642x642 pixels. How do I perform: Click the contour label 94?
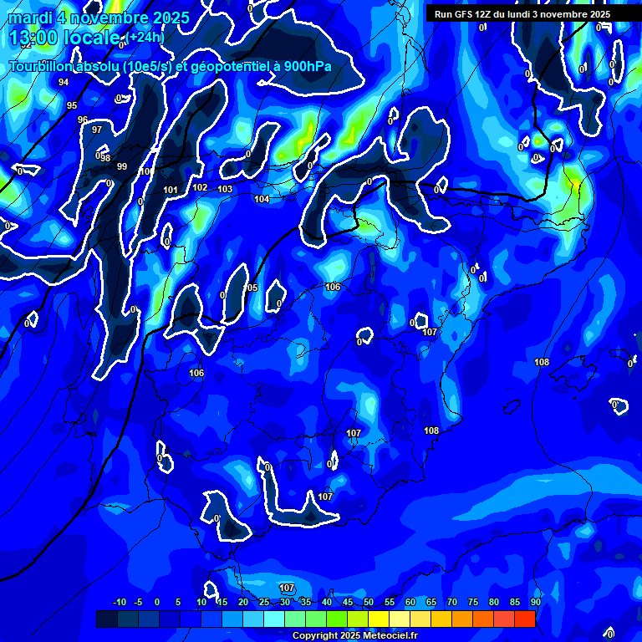click(64, 82)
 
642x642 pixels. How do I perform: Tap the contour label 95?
click(72, 105)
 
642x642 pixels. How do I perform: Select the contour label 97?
click(97, 130)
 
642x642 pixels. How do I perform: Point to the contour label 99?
click(122, 166)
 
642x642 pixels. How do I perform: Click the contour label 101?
click(171, 190)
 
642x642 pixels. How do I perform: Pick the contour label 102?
click(200, 187)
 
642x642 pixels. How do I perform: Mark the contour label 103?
click(225, 189)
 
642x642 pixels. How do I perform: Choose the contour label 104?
click(262, 199)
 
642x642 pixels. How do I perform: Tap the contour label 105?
click(251, 288)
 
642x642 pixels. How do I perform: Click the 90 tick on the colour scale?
click(535, 602)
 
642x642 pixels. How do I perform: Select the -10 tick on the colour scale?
click(119, 602)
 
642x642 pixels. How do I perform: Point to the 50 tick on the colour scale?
click(369, 602)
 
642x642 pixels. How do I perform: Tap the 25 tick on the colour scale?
click(264, 602)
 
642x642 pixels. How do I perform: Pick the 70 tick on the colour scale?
click(452, 602)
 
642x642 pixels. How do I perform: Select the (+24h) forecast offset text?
click(145, 37)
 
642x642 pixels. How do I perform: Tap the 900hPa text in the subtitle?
click(307, 66)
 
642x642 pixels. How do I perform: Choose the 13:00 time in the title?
click(33, 38)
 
